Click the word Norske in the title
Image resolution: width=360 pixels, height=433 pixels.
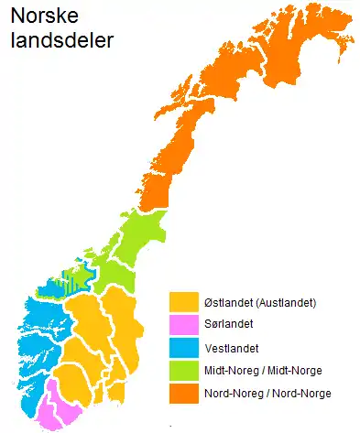[39, 16]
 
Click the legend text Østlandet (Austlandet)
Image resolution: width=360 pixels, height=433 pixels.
[261, 302]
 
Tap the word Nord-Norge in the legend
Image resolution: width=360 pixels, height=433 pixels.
[302, 393]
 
